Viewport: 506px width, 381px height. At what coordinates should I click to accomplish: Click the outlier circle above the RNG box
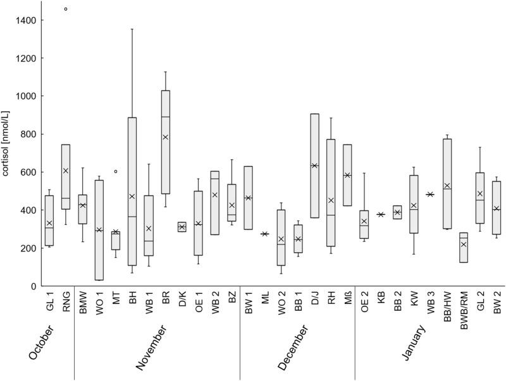[66, 9]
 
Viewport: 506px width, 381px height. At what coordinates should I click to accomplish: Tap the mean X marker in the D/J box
[314, 166]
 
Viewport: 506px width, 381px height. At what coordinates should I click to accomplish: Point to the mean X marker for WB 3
[430, 195]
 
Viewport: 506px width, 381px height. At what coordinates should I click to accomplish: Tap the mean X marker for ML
[264, 234]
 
